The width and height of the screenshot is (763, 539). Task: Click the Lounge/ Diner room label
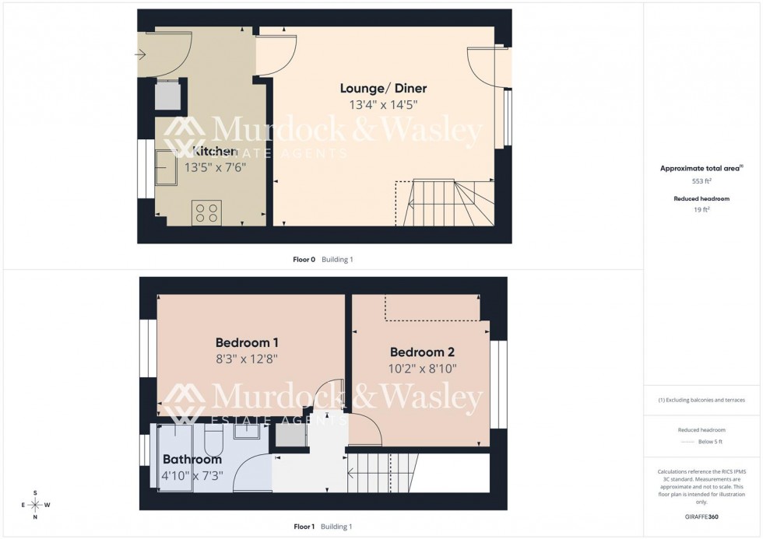[x=382, y=88]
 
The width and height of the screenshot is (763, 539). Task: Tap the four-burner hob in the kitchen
[x=206, y=212]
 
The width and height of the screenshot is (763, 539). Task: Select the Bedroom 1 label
[x=247, y=342]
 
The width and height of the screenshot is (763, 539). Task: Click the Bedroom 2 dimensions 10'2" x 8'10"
[x=423, y=369]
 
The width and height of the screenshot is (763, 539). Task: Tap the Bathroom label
[x=192, y=460]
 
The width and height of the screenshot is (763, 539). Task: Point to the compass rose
[x=36, y=504]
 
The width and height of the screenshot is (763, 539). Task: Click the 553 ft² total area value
[x=703, y=180]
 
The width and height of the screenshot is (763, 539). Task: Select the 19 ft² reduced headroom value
[x=703, y=209]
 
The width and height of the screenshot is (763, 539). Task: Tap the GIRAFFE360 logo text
[x=702, y=517]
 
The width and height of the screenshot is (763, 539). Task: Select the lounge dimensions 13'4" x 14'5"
[x=382, y=105]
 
